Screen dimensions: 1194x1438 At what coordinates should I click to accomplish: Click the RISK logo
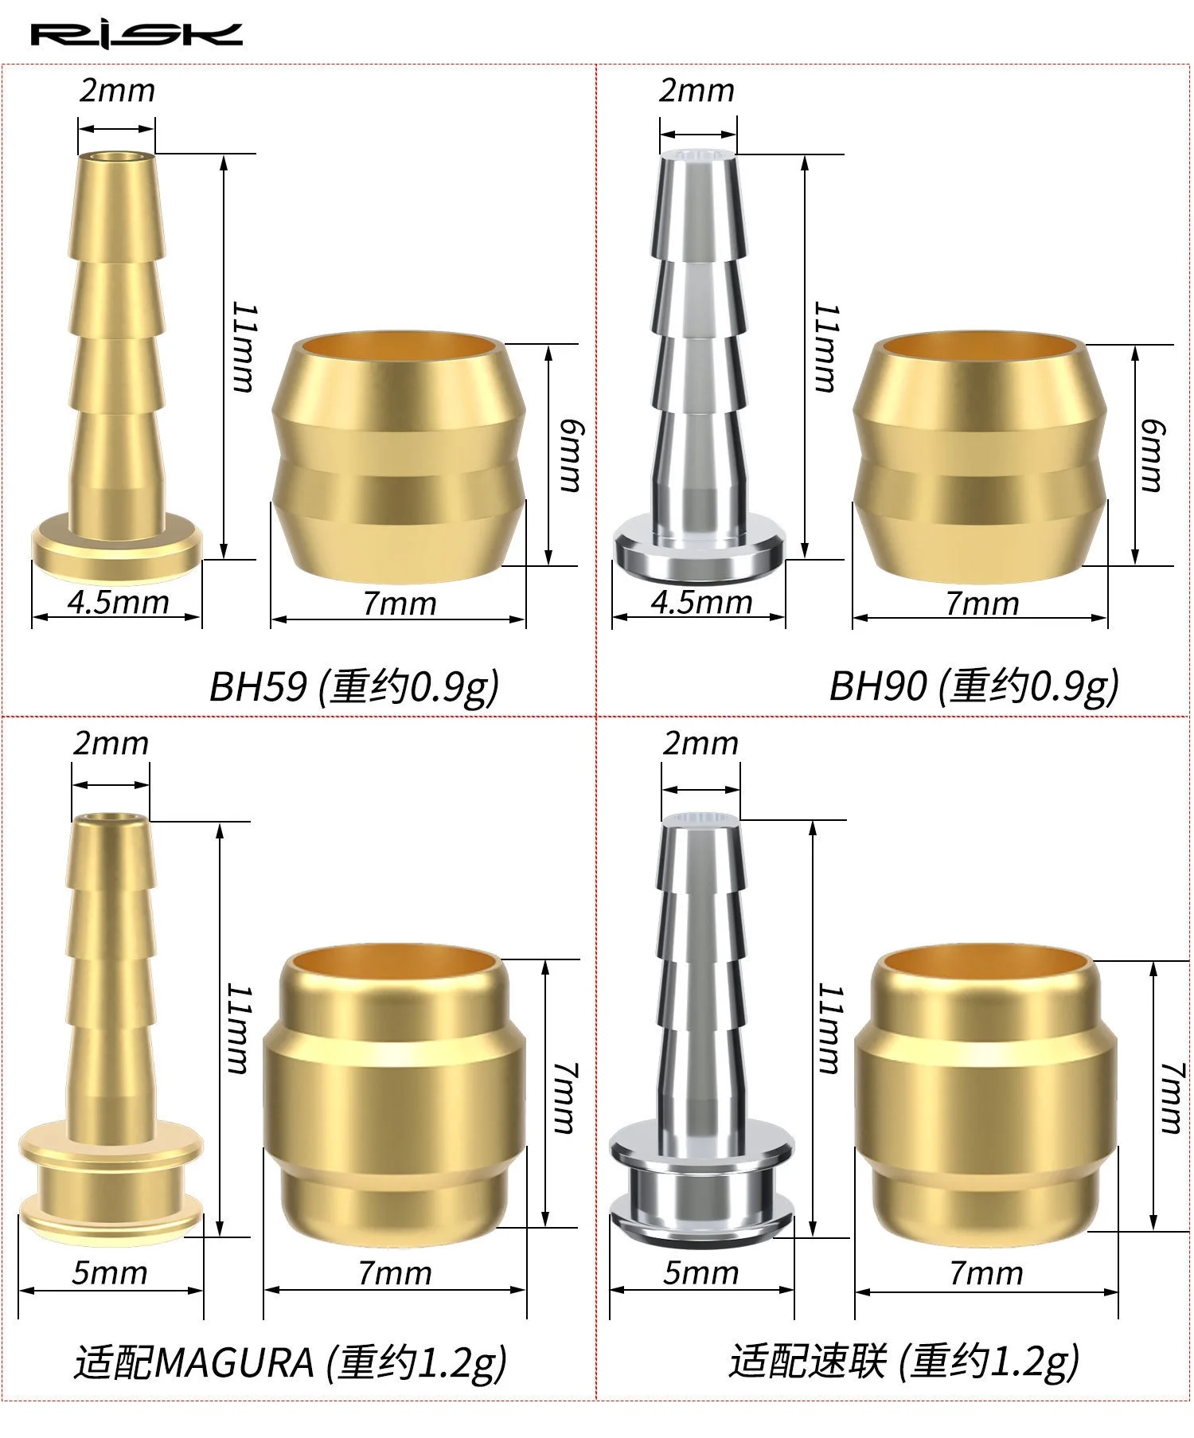click(136, 35)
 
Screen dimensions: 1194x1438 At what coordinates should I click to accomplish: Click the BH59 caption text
click(353, 686)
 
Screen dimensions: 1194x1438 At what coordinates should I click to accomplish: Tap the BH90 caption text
click(974, 686)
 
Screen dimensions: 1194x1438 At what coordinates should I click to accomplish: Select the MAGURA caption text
click(291, 1362)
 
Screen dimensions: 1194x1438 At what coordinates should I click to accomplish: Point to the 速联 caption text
click(904, 1362)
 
